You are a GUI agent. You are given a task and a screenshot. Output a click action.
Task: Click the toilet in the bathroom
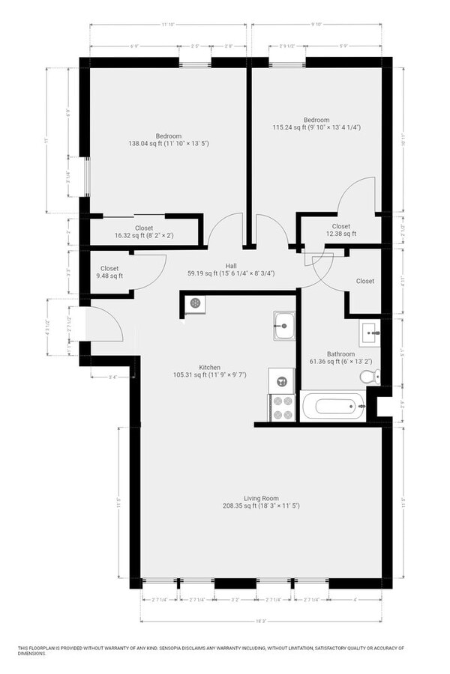click(367, 376)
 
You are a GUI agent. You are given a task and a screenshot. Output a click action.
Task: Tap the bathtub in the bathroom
click(332, 407)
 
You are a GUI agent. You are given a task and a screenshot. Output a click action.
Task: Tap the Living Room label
click(261, 498)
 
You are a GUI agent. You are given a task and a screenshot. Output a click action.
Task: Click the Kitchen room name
click(209, 367)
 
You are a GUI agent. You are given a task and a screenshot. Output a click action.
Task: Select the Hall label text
click(232, 265)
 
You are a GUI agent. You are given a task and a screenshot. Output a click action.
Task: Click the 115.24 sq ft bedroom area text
click(316, 128)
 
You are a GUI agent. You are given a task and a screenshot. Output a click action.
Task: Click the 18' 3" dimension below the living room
click(261, 621)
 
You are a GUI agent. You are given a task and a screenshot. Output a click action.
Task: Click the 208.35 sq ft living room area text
click(261, 507)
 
